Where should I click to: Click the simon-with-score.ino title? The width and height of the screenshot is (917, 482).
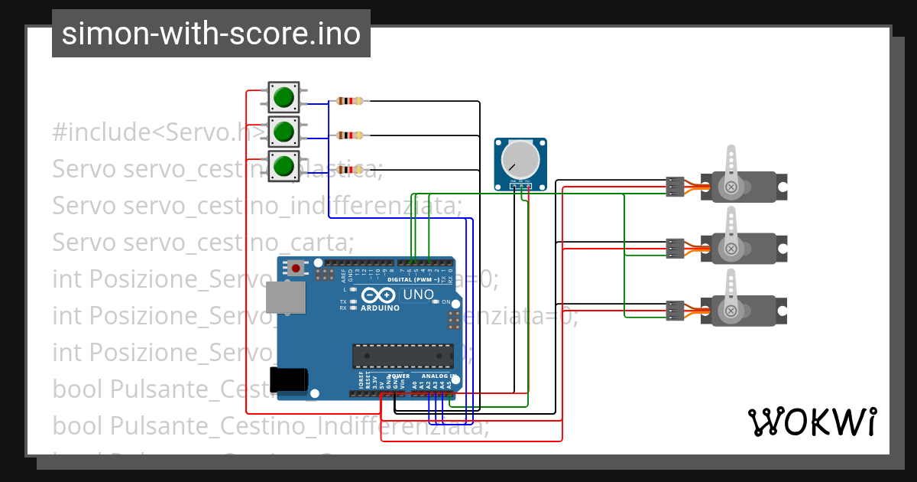[x=211, y=34]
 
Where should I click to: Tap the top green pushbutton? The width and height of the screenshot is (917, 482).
[x=283, y=97]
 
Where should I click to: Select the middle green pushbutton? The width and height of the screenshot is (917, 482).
[x=283, y=132]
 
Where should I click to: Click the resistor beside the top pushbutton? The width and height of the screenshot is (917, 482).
[x=349, y=101]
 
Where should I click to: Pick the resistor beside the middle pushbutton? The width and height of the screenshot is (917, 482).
[x=349, y=135]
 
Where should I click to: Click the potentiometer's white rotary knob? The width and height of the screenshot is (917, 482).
[x=520, y=158]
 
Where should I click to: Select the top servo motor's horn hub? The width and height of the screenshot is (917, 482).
[x=731, y=186]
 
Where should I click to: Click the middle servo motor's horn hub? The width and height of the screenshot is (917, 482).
[x=731, y=249]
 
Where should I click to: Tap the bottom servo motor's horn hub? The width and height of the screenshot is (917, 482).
[x=731, y=311]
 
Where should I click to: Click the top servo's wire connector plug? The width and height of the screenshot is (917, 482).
[x=675, y=187]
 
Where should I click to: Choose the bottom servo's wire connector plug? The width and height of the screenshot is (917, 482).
[x=675, y=311]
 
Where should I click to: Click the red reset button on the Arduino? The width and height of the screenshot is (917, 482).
[x=295, y=268]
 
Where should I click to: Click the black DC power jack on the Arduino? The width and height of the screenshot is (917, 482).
[x=289, y=380]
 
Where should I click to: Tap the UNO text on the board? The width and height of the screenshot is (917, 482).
[x=418, y=295]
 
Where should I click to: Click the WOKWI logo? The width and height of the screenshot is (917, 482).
[x=812, y=422]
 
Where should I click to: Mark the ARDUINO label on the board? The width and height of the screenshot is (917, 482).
[x=379, y=308]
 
